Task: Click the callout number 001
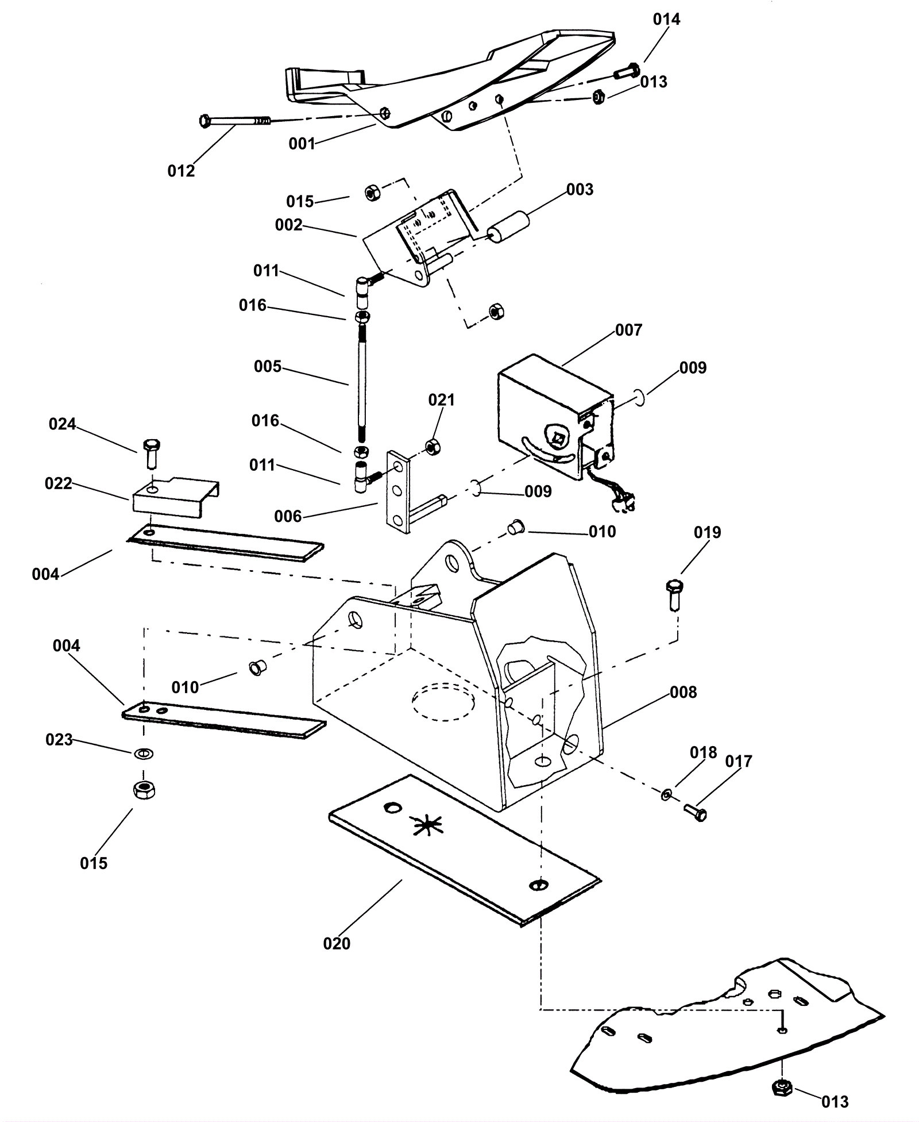tap(302, 143)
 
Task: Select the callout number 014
tap(666, 20)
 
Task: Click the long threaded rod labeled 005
tap(361, 382)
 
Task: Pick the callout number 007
tap(628, 330)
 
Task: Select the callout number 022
tap(59, 483)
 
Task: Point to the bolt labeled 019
tap(674, 595)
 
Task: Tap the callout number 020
tap(337, 943)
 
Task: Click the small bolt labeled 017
tap(696, 812)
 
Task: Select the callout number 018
tap(704, 752)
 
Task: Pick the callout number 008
tap(683, 692)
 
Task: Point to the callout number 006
tap(288, 516)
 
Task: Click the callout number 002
tap(288, 225)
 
